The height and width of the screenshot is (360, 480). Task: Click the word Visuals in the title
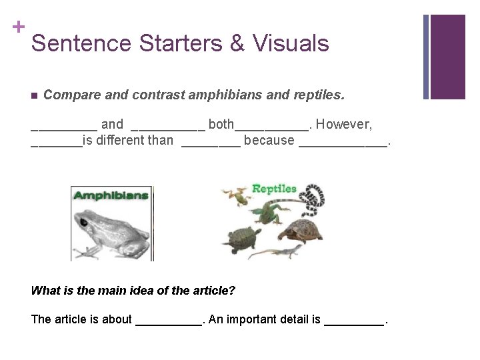point(291,43)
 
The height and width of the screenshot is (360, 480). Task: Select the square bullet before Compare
point(35,95)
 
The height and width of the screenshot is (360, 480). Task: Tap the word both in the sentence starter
point(221,124)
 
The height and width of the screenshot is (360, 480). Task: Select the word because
point(269,140)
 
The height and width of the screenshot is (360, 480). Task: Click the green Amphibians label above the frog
point(111,196)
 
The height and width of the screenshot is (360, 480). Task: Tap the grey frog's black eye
point(84,221)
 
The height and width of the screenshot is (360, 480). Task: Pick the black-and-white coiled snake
point(311,199)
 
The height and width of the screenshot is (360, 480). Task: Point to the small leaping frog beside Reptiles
point(235,195)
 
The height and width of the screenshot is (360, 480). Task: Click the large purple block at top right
point(447,56)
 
